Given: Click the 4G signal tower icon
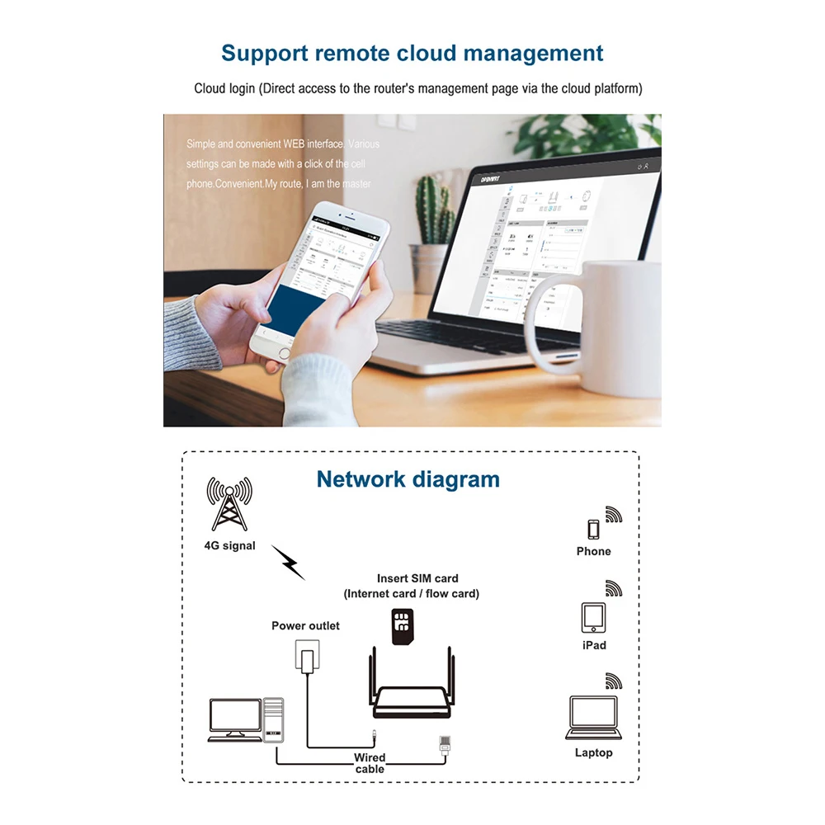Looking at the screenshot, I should [x=229, y=504].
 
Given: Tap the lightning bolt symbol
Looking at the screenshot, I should [x=288, y=562].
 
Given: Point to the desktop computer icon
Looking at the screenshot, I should [x=245, y=719].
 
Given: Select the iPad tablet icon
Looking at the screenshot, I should [x=593, y=617].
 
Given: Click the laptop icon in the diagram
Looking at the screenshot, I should [x=592, y=717].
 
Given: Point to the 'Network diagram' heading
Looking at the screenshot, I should [x=408, y=479].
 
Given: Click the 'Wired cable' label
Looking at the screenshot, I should [x=370, y=763].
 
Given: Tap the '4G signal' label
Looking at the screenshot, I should [x=229, y=545].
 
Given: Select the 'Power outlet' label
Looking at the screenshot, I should [x=305, y=625].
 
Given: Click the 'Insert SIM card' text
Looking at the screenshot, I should [x=417, y=578].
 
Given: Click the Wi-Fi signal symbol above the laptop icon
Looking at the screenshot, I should [x=613, y=681].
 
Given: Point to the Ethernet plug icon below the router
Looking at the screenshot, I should [x=444, y=744].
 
